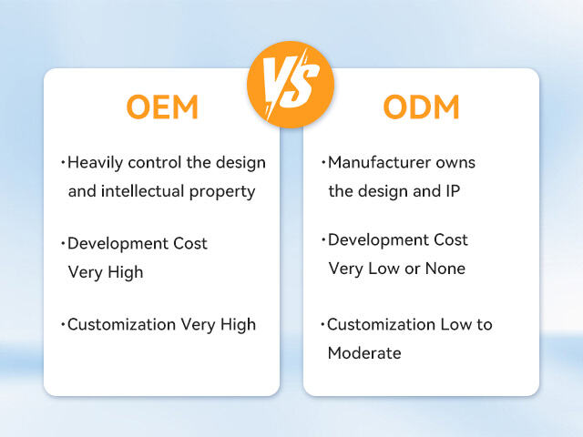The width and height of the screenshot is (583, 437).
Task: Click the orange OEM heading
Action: (161, 107)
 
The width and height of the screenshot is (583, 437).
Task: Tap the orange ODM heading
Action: (421, 107)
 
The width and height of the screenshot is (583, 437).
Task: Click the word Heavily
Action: (97, 163)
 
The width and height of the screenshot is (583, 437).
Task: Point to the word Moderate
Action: (364, 353)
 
